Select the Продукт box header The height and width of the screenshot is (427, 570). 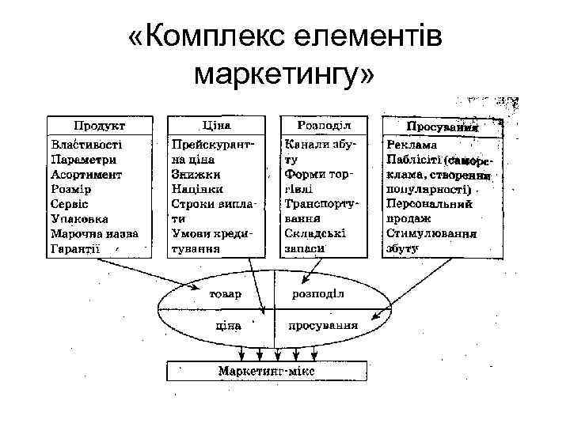coord(99,126)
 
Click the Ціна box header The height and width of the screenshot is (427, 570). coord(216,126)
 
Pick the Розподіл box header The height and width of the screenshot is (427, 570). coord(324,126)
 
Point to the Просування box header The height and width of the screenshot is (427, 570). coord(443,127)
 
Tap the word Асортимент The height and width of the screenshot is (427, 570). coord(86,175)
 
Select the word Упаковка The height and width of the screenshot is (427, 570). coord(80,218)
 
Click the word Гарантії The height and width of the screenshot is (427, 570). coord(76,248)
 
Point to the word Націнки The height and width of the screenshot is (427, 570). coord(198,189)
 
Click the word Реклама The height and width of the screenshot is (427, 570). coord(412,145)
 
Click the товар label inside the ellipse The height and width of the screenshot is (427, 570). coord(226,293)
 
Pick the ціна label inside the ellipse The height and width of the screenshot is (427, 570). coord(227,325)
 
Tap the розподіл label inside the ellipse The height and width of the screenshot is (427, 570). coord(318,293)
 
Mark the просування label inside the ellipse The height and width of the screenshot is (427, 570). coord(322,325)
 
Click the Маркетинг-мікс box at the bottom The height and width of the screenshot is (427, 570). coord(267,370)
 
